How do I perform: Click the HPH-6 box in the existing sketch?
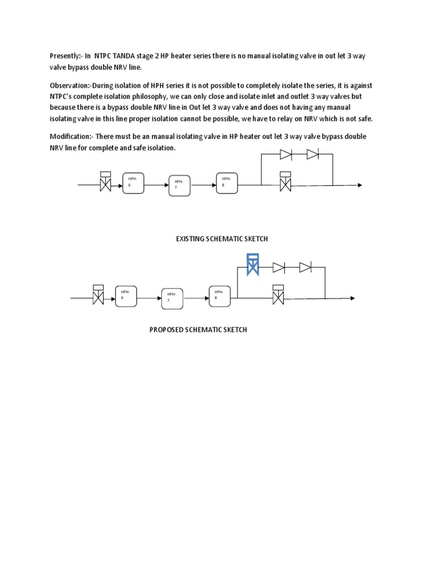[x=133, y=182]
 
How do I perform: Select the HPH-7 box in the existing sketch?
[x=179, y=186]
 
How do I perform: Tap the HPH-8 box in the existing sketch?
[x=227, y=182]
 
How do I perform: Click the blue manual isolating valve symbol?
[x=253, y=265]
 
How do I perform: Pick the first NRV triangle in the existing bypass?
[x=286, y=154]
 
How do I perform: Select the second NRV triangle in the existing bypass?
[x=312, y=154]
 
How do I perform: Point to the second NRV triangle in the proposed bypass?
[x=305, y=268]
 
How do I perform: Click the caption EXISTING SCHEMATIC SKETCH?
[x=221, y=238]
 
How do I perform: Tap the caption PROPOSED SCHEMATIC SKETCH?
[x=198, y=329]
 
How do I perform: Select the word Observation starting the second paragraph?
[x=70, y=86]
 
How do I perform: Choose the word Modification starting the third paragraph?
[x=71, y=136]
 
